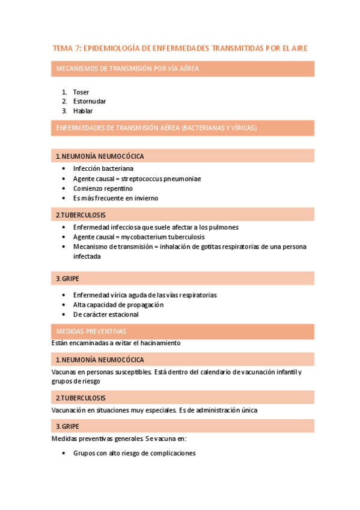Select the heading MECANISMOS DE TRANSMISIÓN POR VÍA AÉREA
[x=127, y=69]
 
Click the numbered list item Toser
[x=81, y=92]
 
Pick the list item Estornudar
[x=90, y=102]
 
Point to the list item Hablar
[x=83, y=111]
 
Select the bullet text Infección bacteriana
[x=103, y=169]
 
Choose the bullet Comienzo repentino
[x=103, y=188]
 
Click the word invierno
[x=146, y=198]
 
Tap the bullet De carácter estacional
[x=106, y=315]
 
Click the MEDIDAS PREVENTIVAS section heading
[x=91, y=331]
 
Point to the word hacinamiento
[x=160, y=343]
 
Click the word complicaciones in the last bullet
[x=174, y=453]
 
